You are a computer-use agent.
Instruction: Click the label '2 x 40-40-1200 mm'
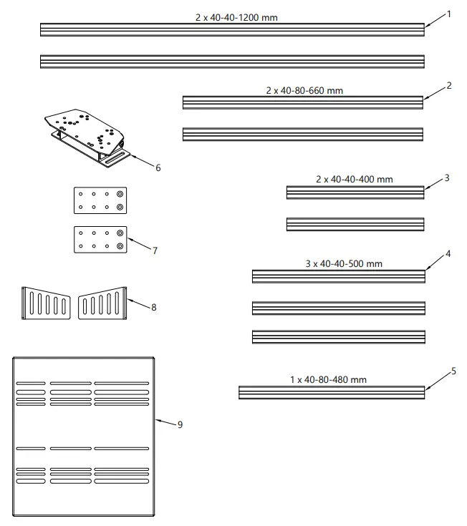[x=236, y=17]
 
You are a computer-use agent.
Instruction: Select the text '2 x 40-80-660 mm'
[x=304, y=91]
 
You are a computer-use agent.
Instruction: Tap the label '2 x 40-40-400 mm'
[x=354, y=179]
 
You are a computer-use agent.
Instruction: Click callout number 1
[x=448, y=14]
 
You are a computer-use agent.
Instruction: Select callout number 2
[x=448, y=85]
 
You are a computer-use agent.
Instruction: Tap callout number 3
[x=446, y=177]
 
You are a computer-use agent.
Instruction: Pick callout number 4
[x=448, y=253]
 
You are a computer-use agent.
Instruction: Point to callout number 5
[x=453, y=371]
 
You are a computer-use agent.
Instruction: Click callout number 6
[x=158, y=167]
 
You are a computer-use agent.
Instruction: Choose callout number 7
[x=155, y=250]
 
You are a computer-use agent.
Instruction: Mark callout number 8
[x=153, y=306]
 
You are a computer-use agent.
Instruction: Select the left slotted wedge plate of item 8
[x=46, y=305]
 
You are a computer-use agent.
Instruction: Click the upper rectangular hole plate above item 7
[x=100, y=200]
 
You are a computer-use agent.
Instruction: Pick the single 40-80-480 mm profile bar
[x=331, y=392]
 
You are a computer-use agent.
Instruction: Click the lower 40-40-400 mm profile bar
[x=355, y=224]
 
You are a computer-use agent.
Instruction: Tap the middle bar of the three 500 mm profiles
[x=338, y=308]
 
